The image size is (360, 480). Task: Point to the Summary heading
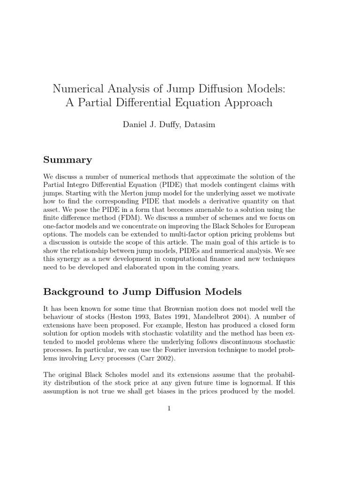(67, 160)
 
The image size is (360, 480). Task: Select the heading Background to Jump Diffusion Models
(142, 292)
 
